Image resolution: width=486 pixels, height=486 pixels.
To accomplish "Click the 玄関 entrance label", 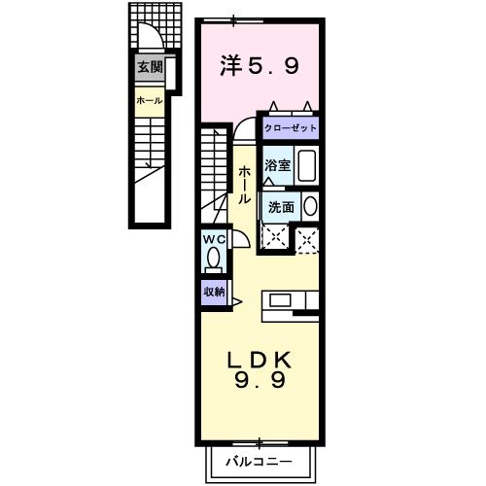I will tap(149, 67).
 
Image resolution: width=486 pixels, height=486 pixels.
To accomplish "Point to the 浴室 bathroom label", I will tap(278, 164).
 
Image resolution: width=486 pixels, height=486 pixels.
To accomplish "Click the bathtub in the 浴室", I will tap(306, 165).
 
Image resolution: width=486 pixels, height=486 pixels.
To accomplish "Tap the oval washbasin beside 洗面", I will tap(309, 206).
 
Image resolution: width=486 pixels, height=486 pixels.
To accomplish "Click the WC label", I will tap(213, 239).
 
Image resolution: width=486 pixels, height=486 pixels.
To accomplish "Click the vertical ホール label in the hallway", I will tap(244, 183).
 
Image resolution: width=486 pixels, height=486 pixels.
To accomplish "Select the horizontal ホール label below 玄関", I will tap(149, 100).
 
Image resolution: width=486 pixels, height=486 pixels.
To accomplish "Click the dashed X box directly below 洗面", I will tap(277, 238).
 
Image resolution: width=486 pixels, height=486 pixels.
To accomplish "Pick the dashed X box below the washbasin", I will tap(308, 239).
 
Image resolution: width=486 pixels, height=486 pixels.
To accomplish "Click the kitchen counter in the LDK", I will tap(292, 300).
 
